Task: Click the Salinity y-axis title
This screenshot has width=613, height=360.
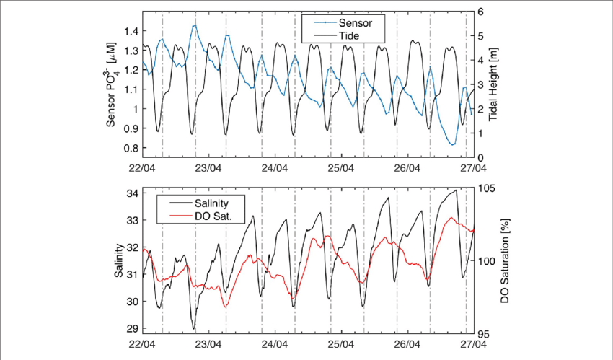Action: tap(117, 261)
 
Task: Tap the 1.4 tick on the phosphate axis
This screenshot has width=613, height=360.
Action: tap(129, 31)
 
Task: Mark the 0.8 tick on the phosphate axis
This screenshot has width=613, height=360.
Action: tap(129, 148)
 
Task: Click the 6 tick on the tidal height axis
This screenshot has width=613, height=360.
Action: tap(480, 12)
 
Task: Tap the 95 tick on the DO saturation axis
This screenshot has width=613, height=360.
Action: tap(484, 333)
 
